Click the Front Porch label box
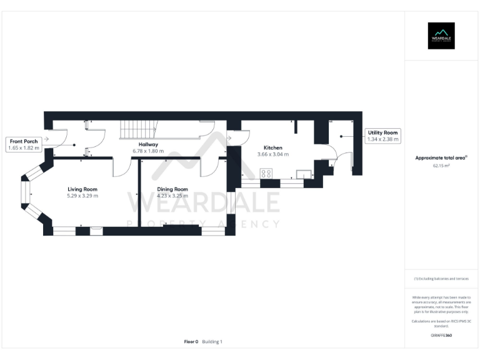coord(23,145)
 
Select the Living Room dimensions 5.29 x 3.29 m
coord(82,196)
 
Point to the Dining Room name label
coord(172,189)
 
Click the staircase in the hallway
coord(137,129)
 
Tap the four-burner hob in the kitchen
coord(266,174)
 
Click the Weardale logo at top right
coord(441,36)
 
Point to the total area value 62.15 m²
coord(441,166)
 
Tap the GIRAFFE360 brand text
coord(441,336)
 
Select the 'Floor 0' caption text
coord(191,342)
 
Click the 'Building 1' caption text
coord(212,342)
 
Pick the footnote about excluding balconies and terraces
coord(441,279)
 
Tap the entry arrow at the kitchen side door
coord(229,137)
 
